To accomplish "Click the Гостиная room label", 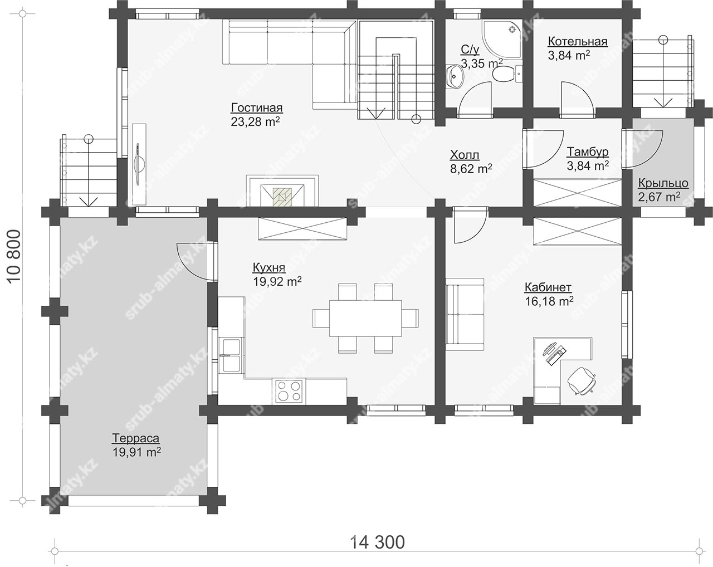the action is click(257, 107).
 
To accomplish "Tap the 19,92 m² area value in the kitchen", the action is click(277, 281).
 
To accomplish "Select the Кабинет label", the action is click(548, 287).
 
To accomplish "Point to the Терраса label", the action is click(136, 438).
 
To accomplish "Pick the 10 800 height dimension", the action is click(14, 257).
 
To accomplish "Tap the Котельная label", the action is click(578, 41).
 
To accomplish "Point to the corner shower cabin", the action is click(502, 40).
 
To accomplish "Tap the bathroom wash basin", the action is click(455, 76).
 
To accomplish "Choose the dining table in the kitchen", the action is click(365, 318).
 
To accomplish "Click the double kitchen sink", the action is click(231, 355).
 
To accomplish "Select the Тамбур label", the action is click(588, 151).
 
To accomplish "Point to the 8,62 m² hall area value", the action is click(471, 169).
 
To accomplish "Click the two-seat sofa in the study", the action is click(465, 314).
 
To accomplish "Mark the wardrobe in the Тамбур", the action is click(578, 193).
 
